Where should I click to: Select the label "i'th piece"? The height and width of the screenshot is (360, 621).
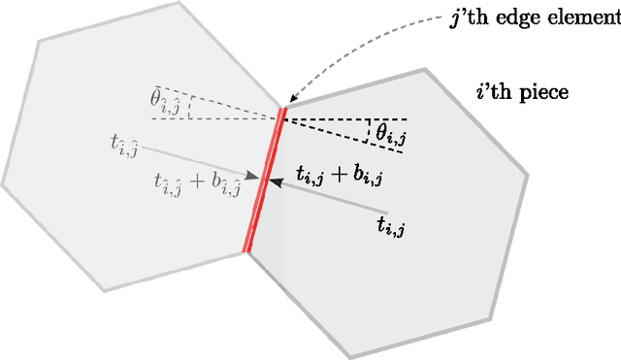tap(521, 94)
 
